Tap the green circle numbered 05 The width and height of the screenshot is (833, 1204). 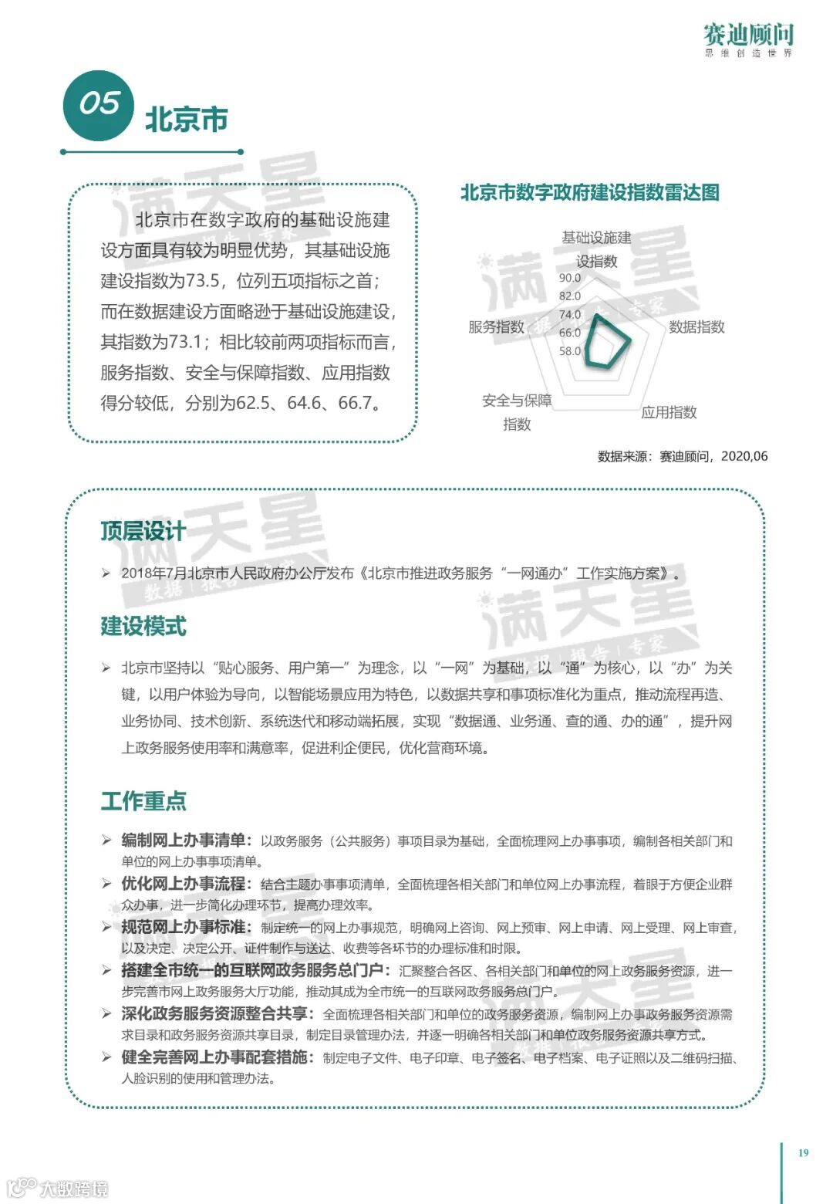(99, 105)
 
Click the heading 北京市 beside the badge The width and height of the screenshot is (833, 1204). (187, 120)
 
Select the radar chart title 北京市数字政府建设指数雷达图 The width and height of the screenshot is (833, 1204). (590, 192)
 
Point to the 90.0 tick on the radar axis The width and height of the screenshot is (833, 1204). (570, 278)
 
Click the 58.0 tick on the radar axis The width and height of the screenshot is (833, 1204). (570, 351)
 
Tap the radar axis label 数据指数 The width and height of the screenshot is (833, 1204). (696, 326)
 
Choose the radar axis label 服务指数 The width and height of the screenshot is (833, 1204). (496, 326)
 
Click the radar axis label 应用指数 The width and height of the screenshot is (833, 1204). (669, 412)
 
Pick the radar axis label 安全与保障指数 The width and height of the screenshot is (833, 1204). (517, 411)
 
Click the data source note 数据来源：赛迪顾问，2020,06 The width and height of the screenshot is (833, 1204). (683, 456)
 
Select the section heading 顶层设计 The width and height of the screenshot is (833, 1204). (143, 531)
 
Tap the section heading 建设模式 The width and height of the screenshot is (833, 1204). (143, 626)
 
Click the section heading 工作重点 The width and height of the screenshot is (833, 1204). (143, 800)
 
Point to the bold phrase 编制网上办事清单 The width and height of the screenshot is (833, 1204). (183, 840)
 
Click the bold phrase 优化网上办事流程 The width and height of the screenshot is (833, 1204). (183, 884)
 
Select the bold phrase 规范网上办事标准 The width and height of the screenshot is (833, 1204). (183, 927)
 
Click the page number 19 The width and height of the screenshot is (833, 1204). (803, 1152)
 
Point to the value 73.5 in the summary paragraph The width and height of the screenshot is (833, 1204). (203, 280)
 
